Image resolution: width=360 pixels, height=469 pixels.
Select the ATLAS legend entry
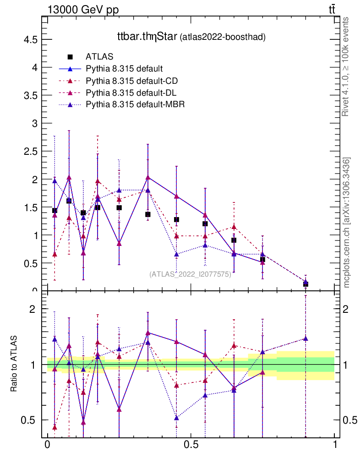coord(99,57)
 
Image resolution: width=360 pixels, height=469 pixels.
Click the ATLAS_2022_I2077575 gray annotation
coord(190,274)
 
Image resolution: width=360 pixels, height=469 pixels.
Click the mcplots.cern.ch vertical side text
coord(347,223)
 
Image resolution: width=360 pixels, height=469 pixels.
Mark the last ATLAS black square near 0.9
coord(305,284)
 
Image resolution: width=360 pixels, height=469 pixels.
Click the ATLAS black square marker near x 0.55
coord(205,224)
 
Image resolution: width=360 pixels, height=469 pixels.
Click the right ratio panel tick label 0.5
coord(349,420)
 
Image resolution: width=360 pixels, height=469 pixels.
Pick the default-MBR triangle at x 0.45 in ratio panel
coord(176,418)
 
